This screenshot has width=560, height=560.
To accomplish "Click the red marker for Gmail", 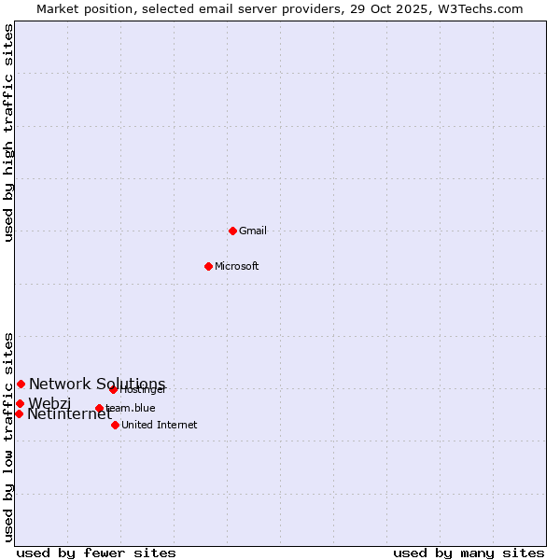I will [232, 231].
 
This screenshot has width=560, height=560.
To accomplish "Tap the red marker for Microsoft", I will [208, 266].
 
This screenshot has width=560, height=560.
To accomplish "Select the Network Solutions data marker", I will [21, 384].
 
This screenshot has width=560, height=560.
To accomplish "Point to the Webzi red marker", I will [20, 403].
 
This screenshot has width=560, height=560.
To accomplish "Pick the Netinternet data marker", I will [19, 413].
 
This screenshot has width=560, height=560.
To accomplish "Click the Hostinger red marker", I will [113, 389].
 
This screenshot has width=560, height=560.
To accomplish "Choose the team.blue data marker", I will [99, 408].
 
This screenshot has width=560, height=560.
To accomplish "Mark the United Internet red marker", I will [115, 425].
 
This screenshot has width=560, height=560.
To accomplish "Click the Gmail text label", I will [253, 231].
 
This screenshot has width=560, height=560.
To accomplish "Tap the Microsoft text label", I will [237, 266].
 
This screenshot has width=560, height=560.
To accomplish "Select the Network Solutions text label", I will [97, 384].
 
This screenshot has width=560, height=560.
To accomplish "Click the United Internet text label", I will [160, 425].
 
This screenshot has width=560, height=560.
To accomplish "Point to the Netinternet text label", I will [69, 414].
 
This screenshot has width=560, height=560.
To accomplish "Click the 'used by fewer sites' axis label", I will [96, 553].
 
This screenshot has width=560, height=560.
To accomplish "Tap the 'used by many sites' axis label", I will [469, 553].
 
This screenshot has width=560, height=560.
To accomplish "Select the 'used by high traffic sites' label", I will [9, 133].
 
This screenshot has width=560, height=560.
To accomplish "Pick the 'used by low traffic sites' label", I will [9, 436].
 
